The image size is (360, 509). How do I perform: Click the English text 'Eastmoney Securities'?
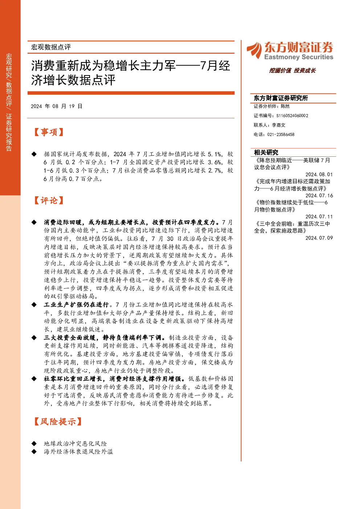pyautogui.click(x=299, y=57)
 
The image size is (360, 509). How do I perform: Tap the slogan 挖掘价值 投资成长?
pyautogui.click(x=292, y=70)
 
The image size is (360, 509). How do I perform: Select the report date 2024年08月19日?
pyautogui.click(x=57, y=106)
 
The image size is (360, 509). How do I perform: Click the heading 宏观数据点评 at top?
pyautogui.click(x=51, y=47)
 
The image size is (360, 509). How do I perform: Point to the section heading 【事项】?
pyautogui.click(x=49, y=132)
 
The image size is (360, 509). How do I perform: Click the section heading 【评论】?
pyautogui.click(x=49, y=200)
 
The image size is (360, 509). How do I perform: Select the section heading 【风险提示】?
pyautogui.click(x=58, y=422)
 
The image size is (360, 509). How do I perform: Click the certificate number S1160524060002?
pyautogui.click(x=292, y=116)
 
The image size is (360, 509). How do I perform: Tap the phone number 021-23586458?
pyautogui.click(x=281, y=135)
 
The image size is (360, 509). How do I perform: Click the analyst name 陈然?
pyautogui.click(x=285, y=106)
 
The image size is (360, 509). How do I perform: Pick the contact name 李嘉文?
pyautogui.click(x=279, y=125)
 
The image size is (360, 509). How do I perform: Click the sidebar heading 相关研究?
pyautogui.click(x=266, y=152)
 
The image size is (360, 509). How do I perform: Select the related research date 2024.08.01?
pyautogui.click(x=319, y=175)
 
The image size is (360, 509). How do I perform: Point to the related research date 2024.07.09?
pyautogui.click(x=319, y=238)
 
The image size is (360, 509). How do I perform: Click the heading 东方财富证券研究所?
pyautogui.click(x=281, y=98)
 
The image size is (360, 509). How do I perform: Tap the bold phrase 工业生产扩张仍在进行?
pyautogui.click(x=76, y=304)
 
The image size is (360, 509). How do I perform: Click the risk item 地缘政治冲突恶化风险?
pyautogui.click(x=75, y=443)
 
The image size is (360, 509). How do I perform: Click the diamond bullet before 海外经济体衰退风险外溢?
pyautogui.click(x=34, y=452)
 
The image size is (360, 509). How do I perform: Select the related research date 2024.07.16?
pyautogui.click(x=319, y=196)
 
